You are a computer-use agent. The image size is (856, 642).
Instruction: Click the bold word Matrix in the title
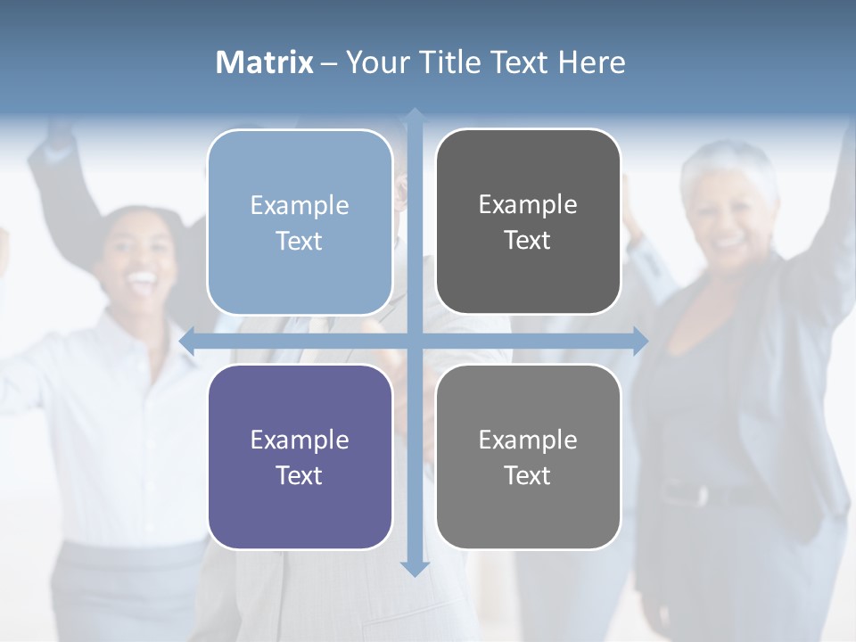(x=264, y=62)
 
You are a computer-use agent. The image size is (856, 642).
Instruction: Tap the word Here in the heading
(x=591, y=62)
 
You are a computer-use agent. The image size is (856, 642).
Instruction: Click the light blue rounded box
(x=300, y=222)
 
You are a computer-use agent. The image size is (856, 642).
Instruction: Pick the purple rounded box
(x=300, y=457)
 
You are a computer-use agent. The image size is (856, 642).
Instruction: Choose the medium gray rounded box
(x=528, y=457)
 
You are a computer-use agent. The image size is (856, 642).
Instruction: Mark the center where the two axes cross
(x=415, y=341)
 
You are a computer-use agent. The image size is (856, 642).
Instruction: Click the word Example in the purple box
(x=300, y=440)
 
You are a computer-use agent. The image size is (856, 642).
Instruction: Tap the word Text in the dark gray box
(x=528, y=240)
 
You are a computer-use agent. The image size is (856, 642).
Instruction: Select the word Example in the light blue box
(x=300, y=205)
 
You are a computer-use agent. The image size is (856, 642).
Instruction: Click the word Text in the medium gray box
(x=528, y=475)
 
